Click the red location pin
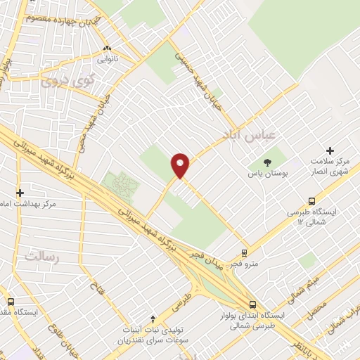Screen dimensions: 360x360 (181, 165)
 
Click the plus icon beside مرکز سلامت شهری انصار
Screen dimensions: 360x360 (330, 150)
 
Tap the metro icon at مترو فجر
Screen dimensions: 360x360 (244, 252)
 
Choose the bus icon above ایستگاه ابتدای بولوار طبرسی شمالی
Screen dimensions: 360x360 (252, 304)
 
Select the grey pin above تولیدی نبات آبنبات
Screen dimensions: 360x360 (154, 319)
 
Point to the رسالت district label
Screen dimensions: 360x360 (39, 255)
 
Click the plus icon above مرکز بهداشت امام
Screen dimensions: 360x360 (20, 193)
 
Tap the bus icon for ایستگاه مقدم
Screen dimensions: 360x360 (10, 301)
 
